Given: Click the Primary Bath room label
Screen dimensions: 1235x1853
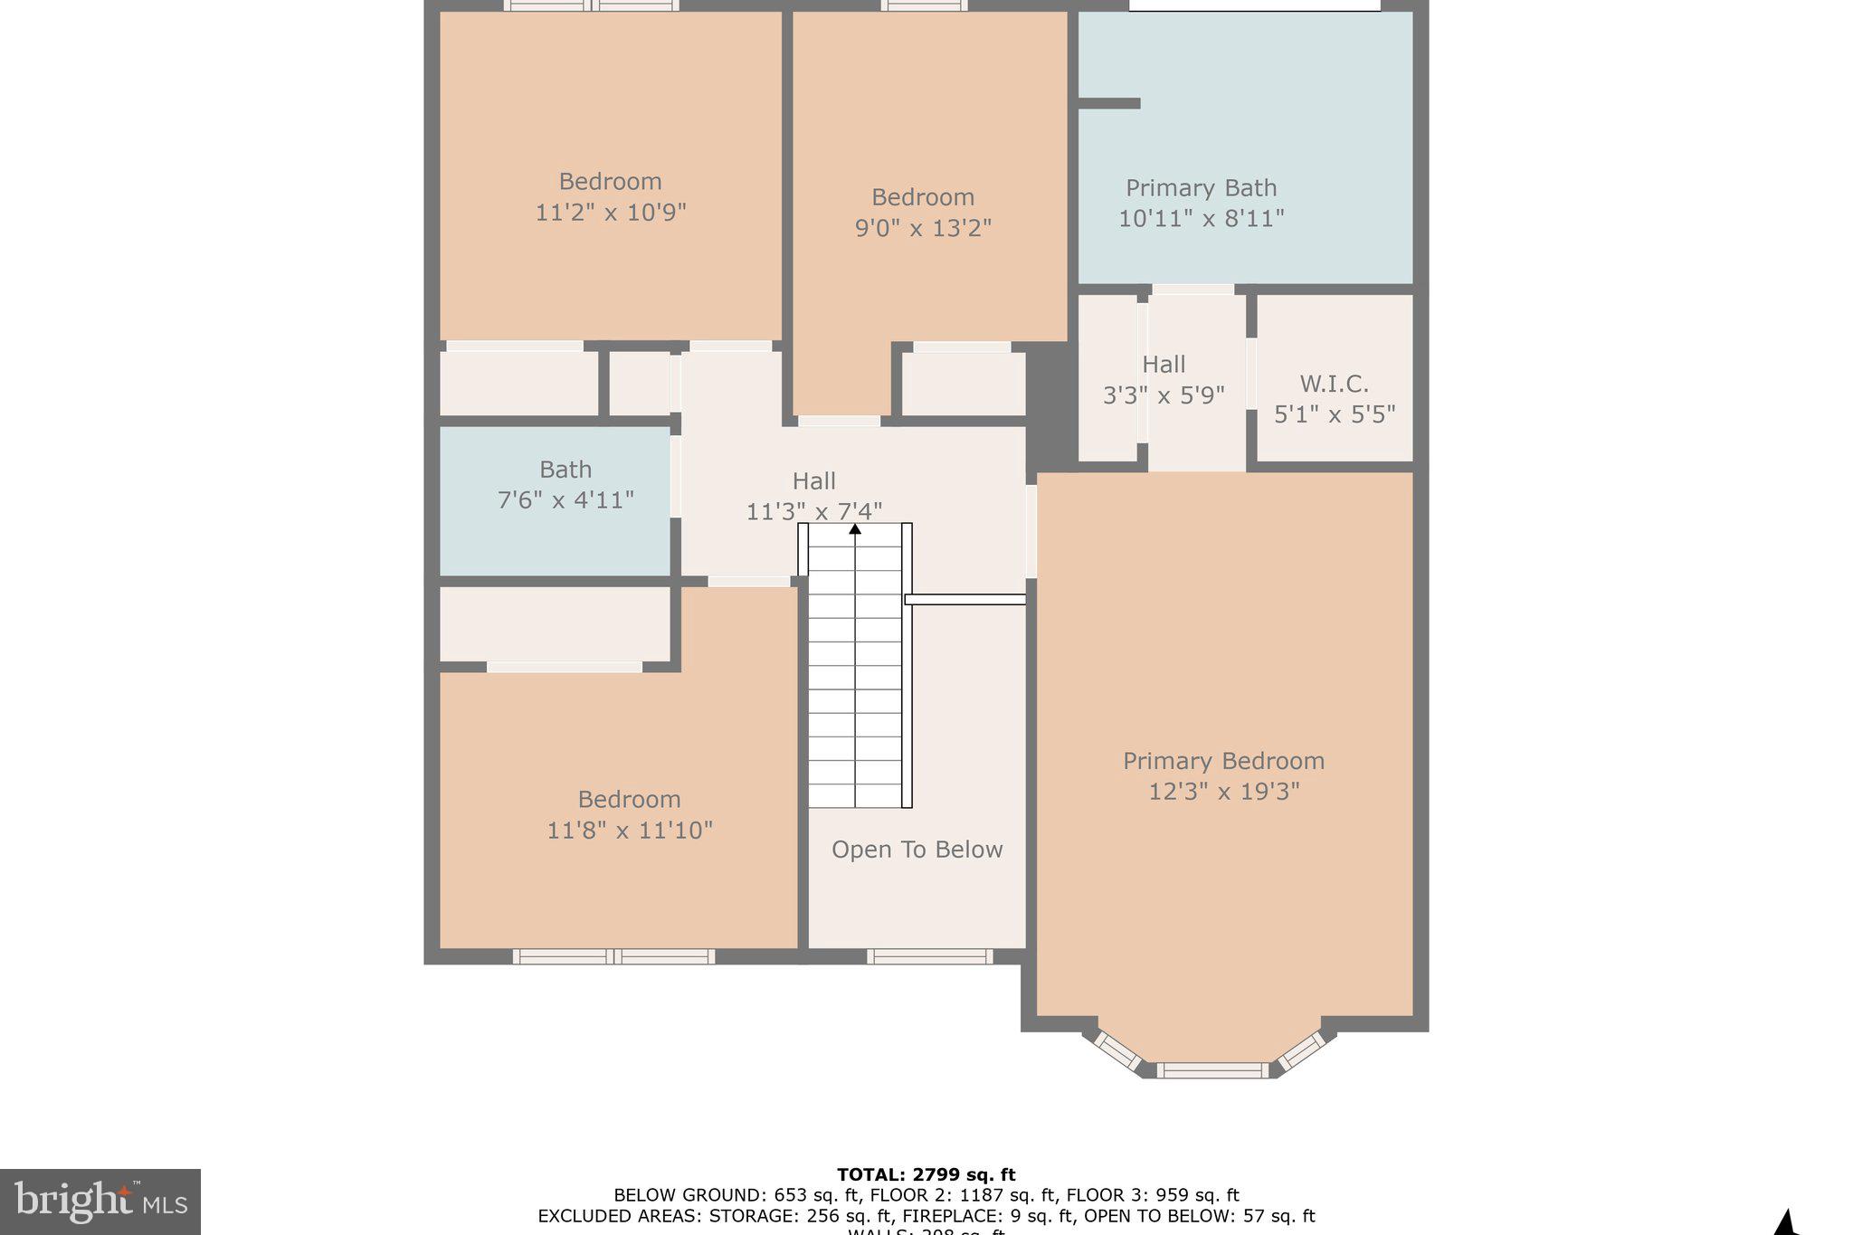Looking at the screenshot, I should coord(1201,188).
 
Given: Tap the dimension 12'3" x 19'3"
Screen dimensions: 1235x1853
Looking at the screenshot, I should coord(1223,792).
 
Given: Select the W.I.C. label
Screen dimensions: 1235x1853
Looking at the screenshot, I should coord(1334,384).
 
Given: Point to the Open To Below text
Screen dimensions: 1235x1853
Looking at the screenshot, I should coord(917,850).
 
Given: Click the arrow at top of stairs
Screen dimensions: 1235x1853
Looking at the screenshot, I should coord(854,528).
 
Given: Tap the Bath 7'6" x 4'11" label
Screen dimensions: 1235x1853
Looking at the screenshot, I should coord(565,485).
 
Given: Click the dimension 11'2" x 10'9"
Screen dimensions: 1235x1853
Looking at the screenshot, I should coord(611,213).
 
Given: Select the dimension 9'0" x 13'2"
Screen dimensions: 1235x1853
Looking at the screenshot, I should coord(923,228).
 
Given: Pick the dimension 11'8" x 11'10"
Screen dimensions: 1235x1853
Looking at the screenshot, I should coord(630,831).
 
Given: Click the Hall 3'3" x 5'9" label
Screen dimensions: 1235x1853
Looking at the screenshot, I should coord(1164,380).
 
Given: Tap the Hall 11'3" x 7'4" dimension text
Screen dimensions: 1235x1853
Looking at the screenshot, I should coord(813,512).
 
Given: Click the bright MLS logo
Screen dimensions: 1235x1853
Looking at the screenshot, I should coord(100,1202).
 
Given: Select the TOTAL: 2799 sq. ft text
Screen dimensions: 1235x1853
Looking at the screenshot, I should coord(926,1175).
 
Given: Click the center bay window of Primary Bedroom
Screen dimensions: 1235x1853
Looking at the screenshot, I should coord(1212,1070).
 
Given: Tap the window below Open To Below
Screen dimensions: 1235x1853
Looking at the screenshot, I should coord(929,956).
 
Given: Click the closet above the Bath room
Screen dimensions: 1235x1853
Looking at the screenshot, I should coord(518,384).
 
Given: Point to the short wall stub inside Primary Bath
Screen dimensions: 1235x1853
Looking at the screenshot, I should coord(1109,103).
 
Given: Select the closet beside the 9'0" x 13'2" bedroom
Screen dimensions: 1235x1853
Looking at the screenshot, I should coord(964,384).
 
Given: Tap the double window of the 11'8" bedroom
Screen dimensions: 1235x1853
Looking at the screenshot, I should coord(613,956).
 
